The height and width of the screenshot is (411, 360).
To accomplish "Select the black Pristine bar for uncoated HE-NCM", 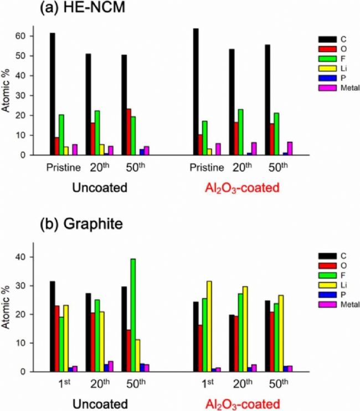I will (53, 94).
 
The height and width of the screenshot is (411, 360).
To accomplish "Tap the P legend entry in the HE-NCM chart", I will (330, 78).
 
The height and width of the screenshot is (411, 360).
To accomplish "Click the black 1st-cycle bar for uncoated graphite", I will (53, 326).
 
